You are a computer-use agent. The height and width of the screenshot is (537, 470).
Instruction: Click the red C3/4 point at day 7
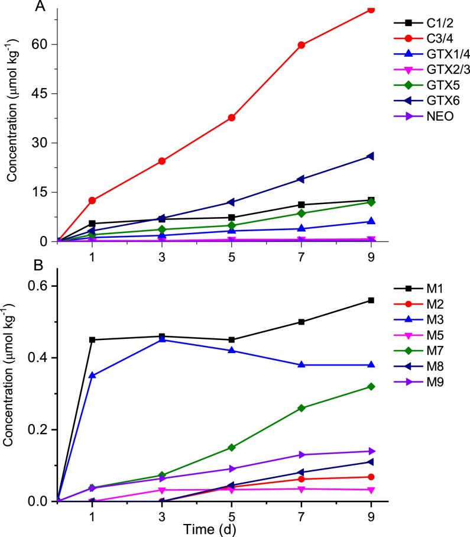coord(302,45)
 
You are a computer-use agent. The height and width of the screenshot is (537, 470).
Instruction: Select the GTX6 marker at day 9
coord(371,156)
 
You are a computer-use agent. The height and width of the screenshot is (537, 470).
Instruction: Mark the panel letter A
coord(40,7)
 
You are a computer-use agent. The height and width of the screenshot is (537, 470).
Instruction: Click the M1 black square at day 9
coord(371,300)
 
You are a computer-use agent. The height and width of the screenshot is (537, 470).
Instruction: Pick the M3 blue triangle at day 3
coord(162,339)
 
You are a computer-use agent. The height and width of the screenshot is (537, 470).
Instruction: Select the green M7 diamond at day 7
coord(302,408)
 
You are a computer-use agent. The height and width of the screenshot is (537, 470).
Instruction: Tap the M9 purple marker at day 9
coord(371,451)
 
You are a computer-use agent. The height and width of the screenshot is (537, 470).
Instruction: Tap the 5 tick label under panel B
coord(232,513)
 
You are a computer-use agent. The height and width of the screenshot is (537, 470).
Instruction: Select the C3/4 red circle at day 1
coord(92,200)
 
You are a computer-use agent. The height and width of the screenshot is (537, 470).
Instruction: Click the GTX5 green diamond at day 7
coord(302,213)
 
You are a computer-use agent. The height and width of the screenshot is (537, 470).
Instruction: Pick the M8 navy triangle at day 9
coord(371,462)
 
